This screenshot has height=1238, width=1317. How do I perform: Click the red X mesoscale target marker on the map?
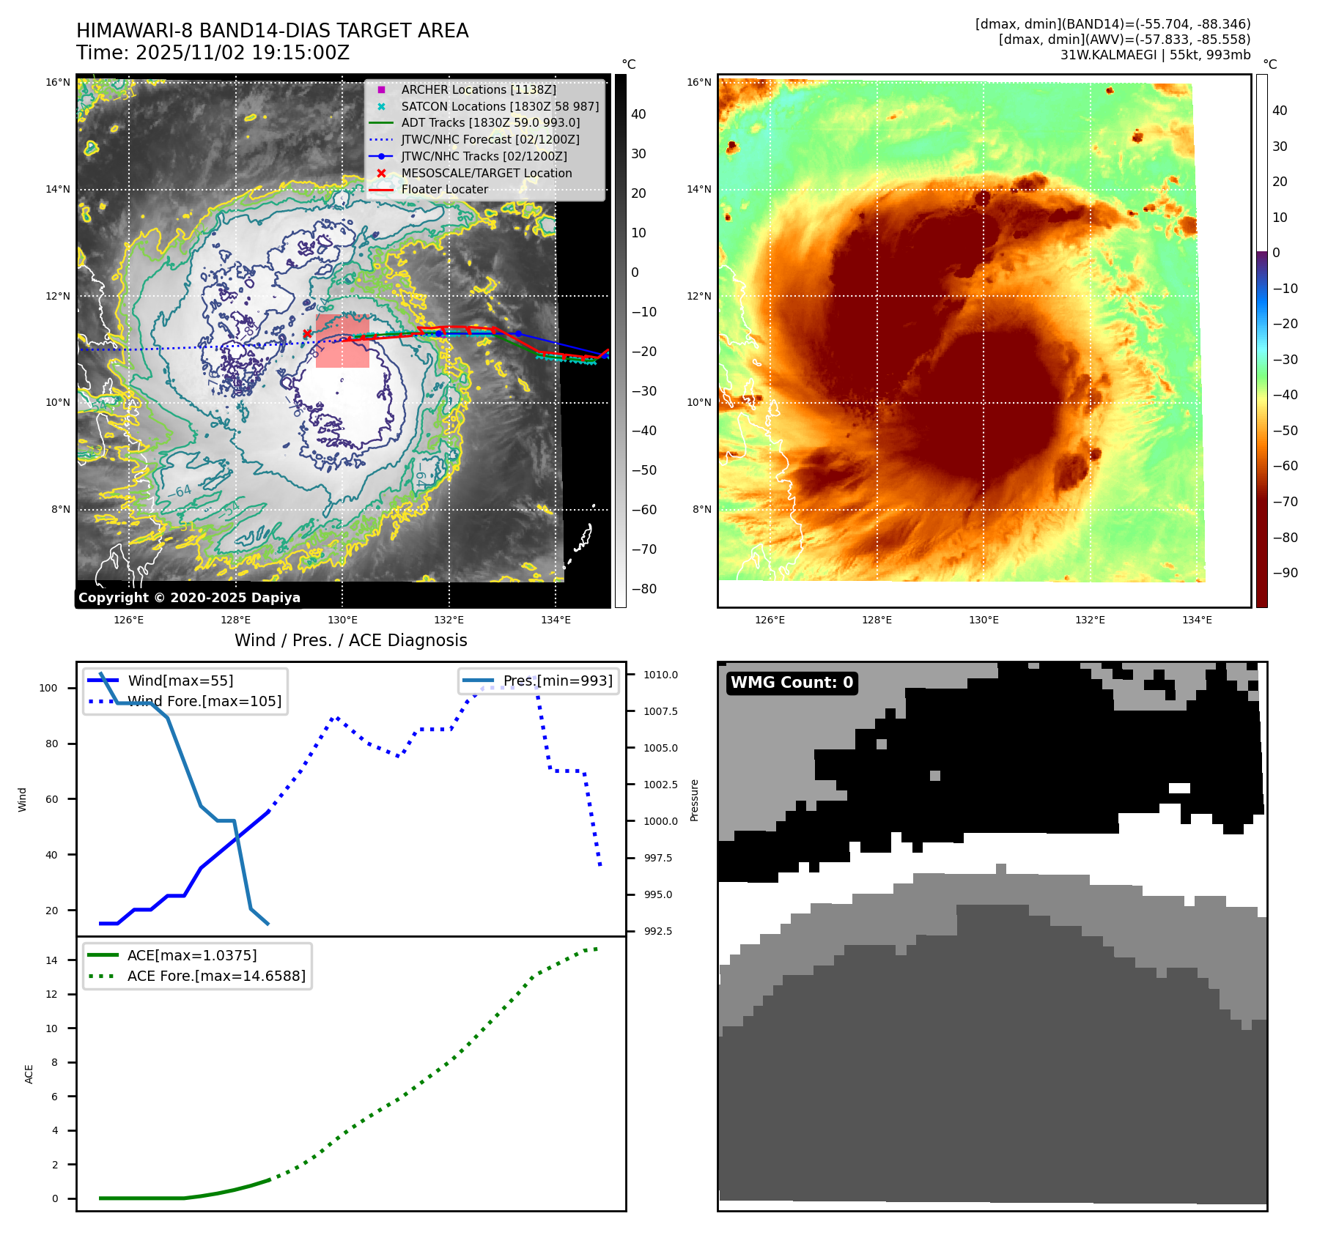point(307,334)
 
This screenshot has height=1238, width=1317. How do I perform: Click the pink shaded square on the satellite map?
point(342,341)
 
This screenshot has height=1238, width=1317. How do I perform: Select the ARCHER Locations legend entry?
point(478,89)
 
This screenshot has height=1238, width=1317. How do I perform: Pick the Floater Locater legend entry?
point(444,189)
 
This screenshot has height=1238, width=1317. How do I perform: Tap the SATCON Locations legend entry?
point(500,106)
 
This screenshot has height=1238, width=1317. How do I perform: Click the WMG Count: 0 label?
point(792,683)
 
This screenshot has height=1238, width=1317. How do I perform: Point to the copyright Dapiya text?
point(189,598)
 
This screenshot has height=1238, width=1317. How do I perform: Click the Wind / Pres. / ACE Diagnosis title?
point(350,640)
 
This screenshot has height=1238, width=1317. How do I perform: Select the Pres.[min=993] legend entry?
point(557,681)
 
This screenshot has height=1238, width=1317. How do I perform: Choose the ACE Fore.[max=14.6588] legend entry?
point(216,976)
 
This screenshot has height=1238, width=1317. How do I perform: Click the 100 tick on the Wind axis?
point(48,688)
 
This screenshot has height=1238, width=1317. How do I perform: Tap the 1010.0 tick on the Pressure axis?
point(660,675)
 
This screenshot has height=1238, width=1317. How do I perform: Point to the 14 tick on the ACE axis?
point(52,960)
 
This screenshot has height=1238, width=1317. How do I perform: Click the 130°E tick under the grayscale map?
point(342,620)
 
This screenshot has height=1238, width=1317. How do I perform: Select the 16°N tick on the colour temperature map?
point(698,82)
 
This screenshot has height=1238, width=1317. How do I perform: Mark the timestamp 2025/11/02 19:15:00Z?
point(243,53)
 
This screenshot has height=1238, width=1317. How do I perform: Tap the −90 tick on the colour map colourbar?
point(1285,573)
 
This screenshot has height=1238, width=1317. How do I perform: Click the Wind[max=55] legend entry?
point(180,681)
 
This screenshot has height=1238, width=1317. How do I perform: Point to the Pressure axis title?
point(694,800)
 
